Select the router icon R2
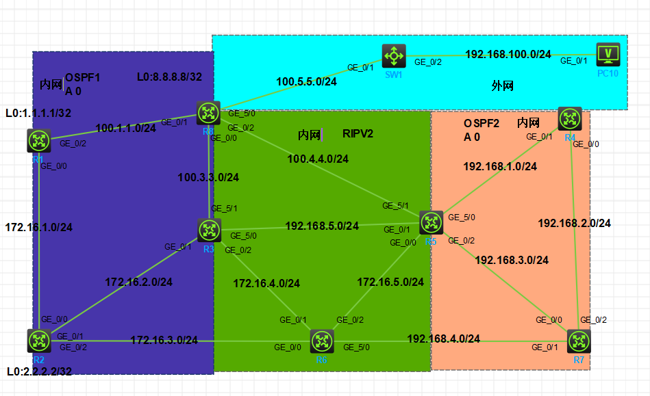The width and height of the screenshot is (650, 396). click(x=40, y=341)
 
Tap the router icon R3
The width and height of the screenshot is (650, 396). click(x=209, y=230)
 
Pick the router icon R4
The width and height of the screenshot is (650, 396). click(x=570, y=118)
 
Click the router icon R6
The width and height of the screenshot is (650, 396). click(x=322, y=341)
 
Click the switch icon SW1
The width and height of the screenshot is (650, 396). click(x=394, y=55)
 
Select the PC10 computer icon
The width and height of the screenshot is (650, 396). click(x=608, y=54)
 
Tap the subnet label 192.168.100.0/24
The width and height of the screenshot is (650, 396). click(x=508, y=55)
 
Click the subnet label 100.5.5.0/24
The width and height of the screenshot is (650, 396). click(x=306, y=82)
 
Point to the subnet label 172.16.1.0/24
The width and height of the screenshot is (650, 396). click(x=39, y=227)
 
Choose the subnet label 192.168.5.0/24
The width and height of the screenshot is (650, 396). click(x=322, y=226)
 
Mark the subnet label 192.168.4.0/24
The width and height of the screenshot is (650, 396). click(x=443, y=339)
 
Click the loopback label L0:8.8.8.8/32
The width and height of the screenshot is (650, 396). click(x=169, y=77)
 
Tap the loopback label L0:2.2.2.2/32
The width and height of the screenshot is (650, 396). click(x=40, y=371)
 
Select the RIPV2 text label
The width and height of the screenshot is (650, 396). click(x=358, y=134)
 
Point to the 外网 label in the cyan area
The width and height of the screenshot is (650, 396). click(x=503, y=86)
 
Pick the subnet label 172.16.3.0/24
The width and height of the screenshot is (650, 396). click(x=164, y=340)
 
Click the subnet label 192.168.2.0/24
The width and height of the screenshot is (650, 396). click(x=574, y=223)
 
